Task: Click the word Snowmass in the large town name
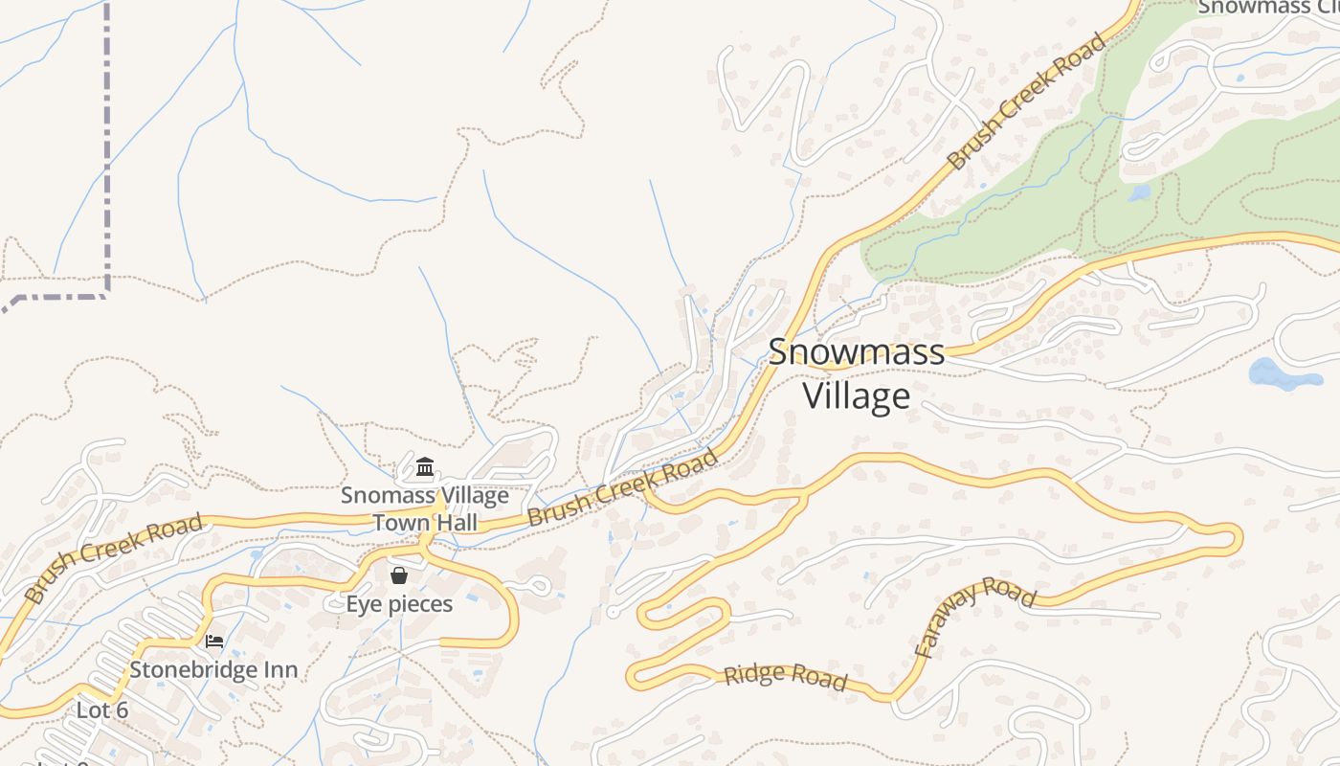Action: tap(856, 351)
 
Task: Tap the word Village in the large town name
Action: tap(856, 395)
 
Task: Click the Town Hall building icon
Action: tap(425, 468)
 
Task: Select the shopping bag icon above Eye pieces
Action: tap(399, 575)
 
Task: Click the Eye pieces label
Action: tap(399, 604)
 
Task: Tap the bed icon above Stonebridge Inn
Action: tap(214, 641)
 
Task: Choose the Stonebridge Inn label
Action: tap(213, 669)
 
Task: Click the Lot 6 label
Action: tap(102, 710)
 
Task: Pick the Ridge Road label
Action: tap(785, 676)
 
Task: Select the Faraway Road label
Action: tap(974, 618)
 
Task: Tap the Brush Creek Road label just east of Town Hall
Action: tap(623, 487)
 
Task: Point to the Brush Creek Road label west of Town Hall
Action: tap(114, 557)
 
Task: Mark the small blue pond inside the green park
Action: tap(1139, 192)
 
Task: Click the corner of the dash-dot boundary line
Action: tap(106, 294)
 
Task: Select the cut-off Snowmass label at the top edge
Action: tap(1268, 7)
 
